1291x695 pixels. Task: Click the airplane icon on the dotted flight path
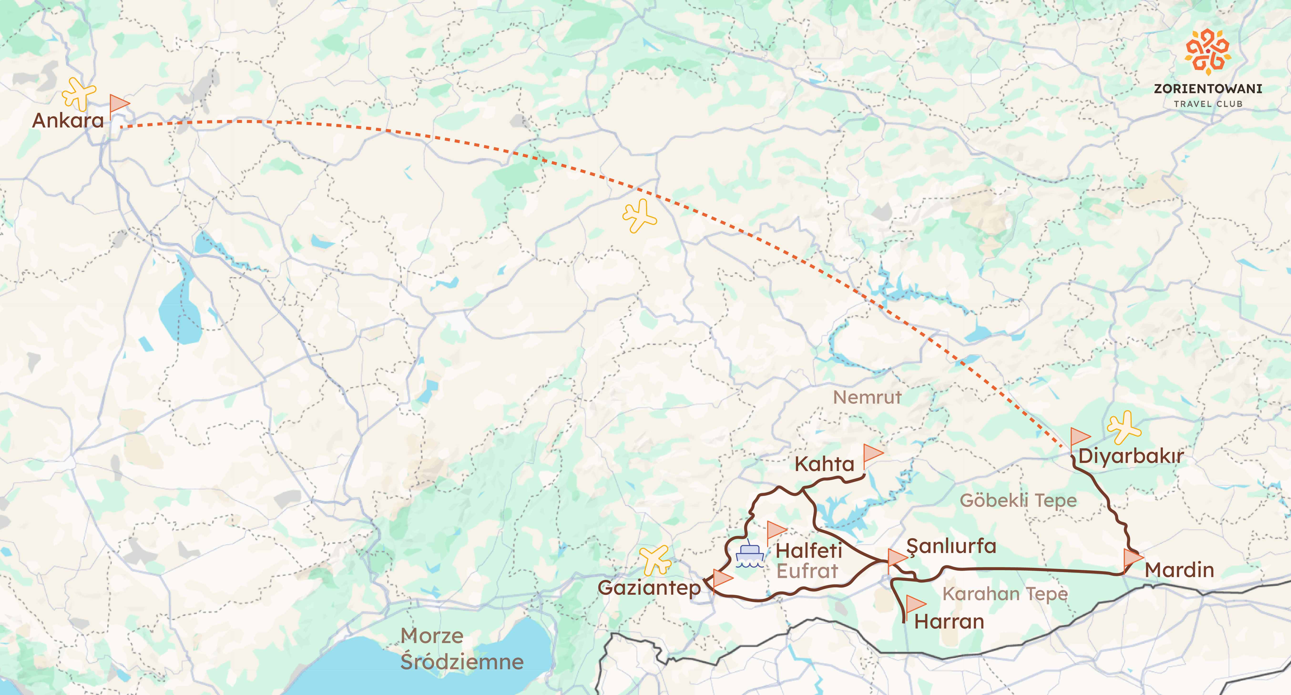[x=639, y=215]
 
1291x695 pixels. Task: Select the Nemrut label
[x=867, y=397]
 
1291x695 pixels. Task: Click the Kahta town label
[x=824, y=464]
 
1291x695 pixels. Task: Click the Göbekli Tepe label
[x=1018, y=500]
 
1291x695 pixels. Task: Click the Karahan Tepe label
[x=1005, y=594]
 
